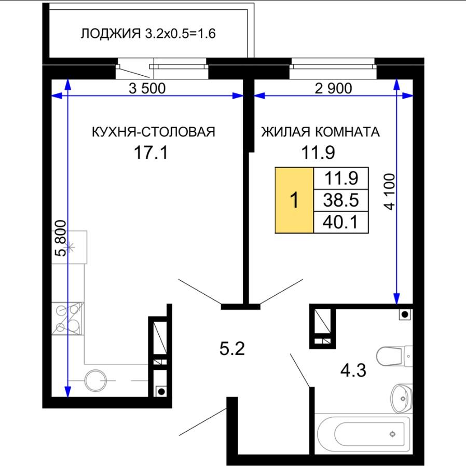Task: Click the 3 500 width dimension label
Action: [147, 88]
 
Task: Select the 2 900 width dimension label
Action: [334, 88]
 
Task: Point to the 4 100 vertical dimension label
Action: [390, 191]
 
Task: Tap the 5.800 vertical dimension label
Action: [61, 238]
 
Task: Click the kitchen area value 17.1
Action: [151, 153]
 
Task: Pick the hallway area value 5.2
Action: [232, 349]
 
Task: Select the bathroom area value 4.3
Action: [353, 371]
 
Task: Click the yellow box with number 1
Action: [294, 200]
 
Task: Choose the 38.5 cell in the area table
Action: [341, 200]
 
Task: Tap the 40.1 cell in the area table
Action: [341, 222]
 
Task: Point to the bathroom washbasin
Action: [402, 398]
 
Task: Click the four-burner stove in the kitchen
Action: [68, 318]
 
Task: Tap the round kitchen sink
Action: [95, 380]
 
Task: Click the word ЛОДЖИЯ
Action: [111, 34]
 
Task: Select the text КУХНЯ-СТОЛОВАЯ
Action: [154, 132]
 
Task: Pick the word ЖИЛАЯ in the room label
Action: [285, 132]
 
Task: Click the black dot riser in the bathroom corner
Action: [405, 314]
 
